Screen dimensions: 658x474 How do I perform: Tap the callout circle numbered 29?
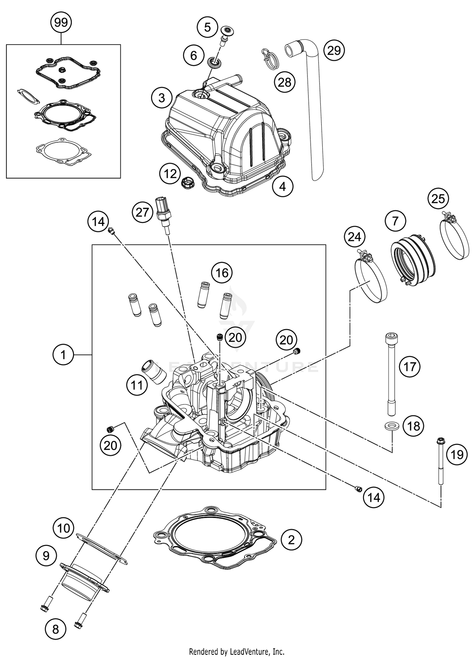[x=334, y=50]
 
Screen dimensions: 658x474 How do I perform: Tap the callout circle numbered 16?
[x=222, y=272]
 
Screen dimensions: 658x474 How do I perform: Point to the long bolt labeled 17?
[x=391, y=375]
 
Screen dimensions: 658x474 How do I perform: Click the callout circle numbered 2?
[x=291, y=539]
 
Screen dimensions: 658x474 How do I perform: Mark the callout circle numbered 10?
[x=64, y=528]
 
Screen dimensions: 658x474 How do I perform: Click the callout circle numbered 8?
[x=56, y=629]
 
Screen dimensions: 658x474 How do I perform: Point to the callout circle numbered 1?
[x=63, y=355]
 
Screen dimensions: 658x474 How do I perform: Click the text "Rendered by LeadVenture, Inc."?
[x=237, y=651]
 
